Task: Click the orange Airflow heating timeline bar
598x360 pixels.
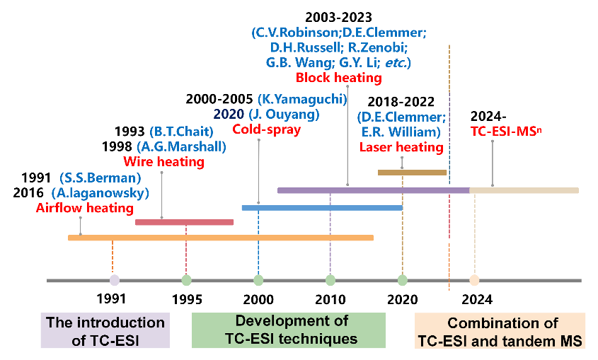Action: (x=220, y=238)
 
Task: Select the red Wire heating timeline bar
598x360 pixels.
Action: (x=184, y=222)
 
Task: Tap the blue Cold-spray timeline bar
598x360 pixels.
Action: (x=322, y=207)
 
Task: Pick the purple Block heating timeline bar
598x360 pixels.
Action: (x=373, y=190)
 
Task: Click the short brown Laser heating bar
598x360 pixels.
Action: (x=412, y=172)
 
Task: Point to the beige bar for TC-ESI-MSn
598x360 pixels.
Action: (x=524, y=190)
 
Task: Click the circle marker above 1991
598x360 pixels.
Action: (x=114, y=280)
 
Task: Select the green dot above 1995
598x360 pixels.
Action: (x=186, y=280)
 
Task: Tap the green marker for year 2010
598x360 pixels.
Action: (x=330, y=280)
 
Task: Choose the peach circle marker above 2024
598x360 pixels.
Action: (x=474, y=280)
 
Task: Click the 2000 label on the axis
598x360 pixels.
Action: (x=258, y=300)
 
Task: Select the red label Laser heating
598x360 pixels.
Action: (x=401, y=147)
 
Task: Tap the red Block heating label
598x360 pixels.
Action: (x=334, y=79)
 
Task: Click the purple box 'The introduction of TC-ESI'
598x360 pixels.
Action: (x=105, y=330)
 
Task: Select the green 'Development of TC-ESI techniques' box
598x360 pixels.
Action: (x=289, y=330)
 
